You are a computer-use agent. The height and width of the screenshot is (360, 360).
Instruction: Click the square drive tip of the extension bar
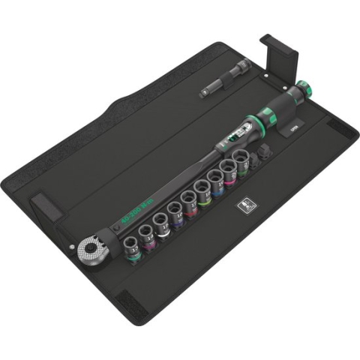click(205, 92)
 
